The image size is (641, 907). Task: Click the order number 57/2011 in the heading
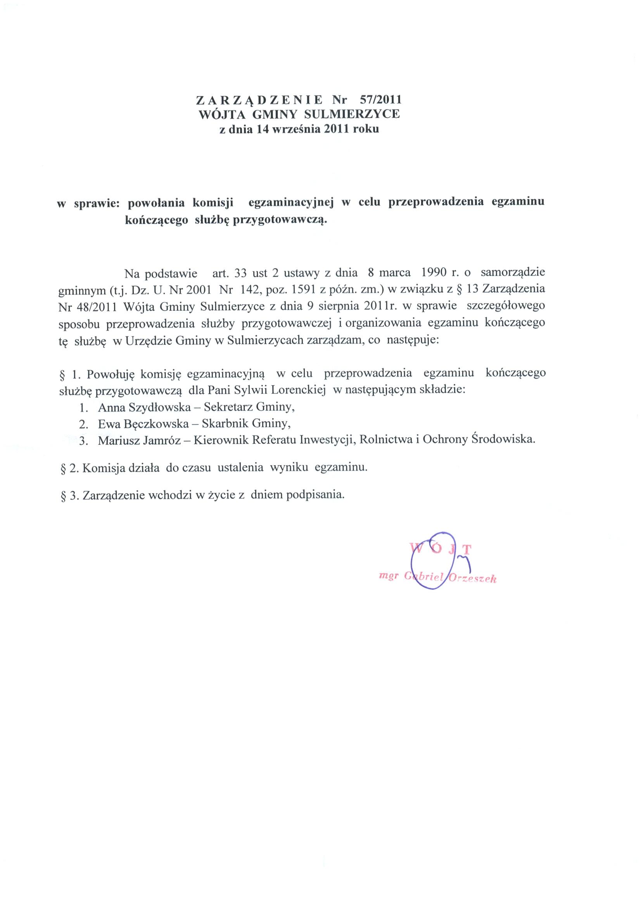pyautogui.click(x=379, y=99)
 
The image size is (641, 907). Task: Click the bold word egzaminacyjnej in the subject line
pyautogui.click(x=291, y=202)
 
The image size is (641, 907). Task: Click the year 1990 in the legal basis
pyautogui.click(x=435, y=273)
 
